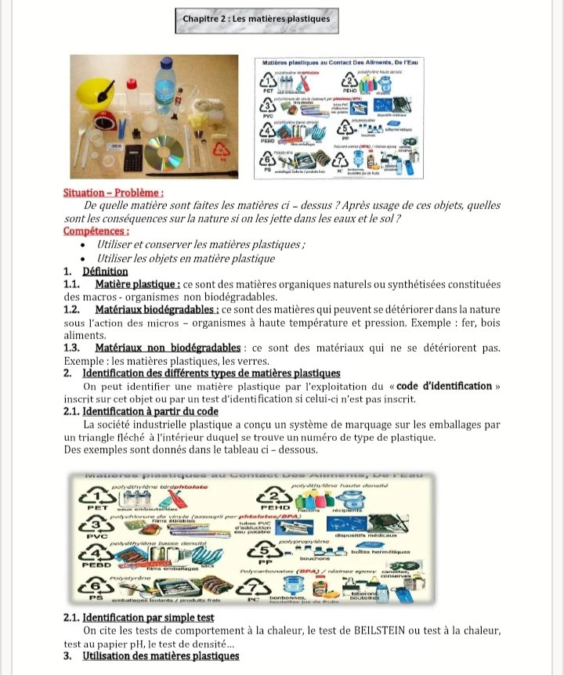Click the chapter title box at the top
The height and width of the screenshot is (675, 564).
pyautogui.click(x=256, y=20)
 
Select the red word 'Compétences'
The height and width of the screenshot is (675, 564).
pyautogui.click(x=96, y=231)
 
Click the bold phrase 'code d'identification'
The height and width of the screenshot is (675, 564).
pyautogui.click(x=444, y=385)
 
